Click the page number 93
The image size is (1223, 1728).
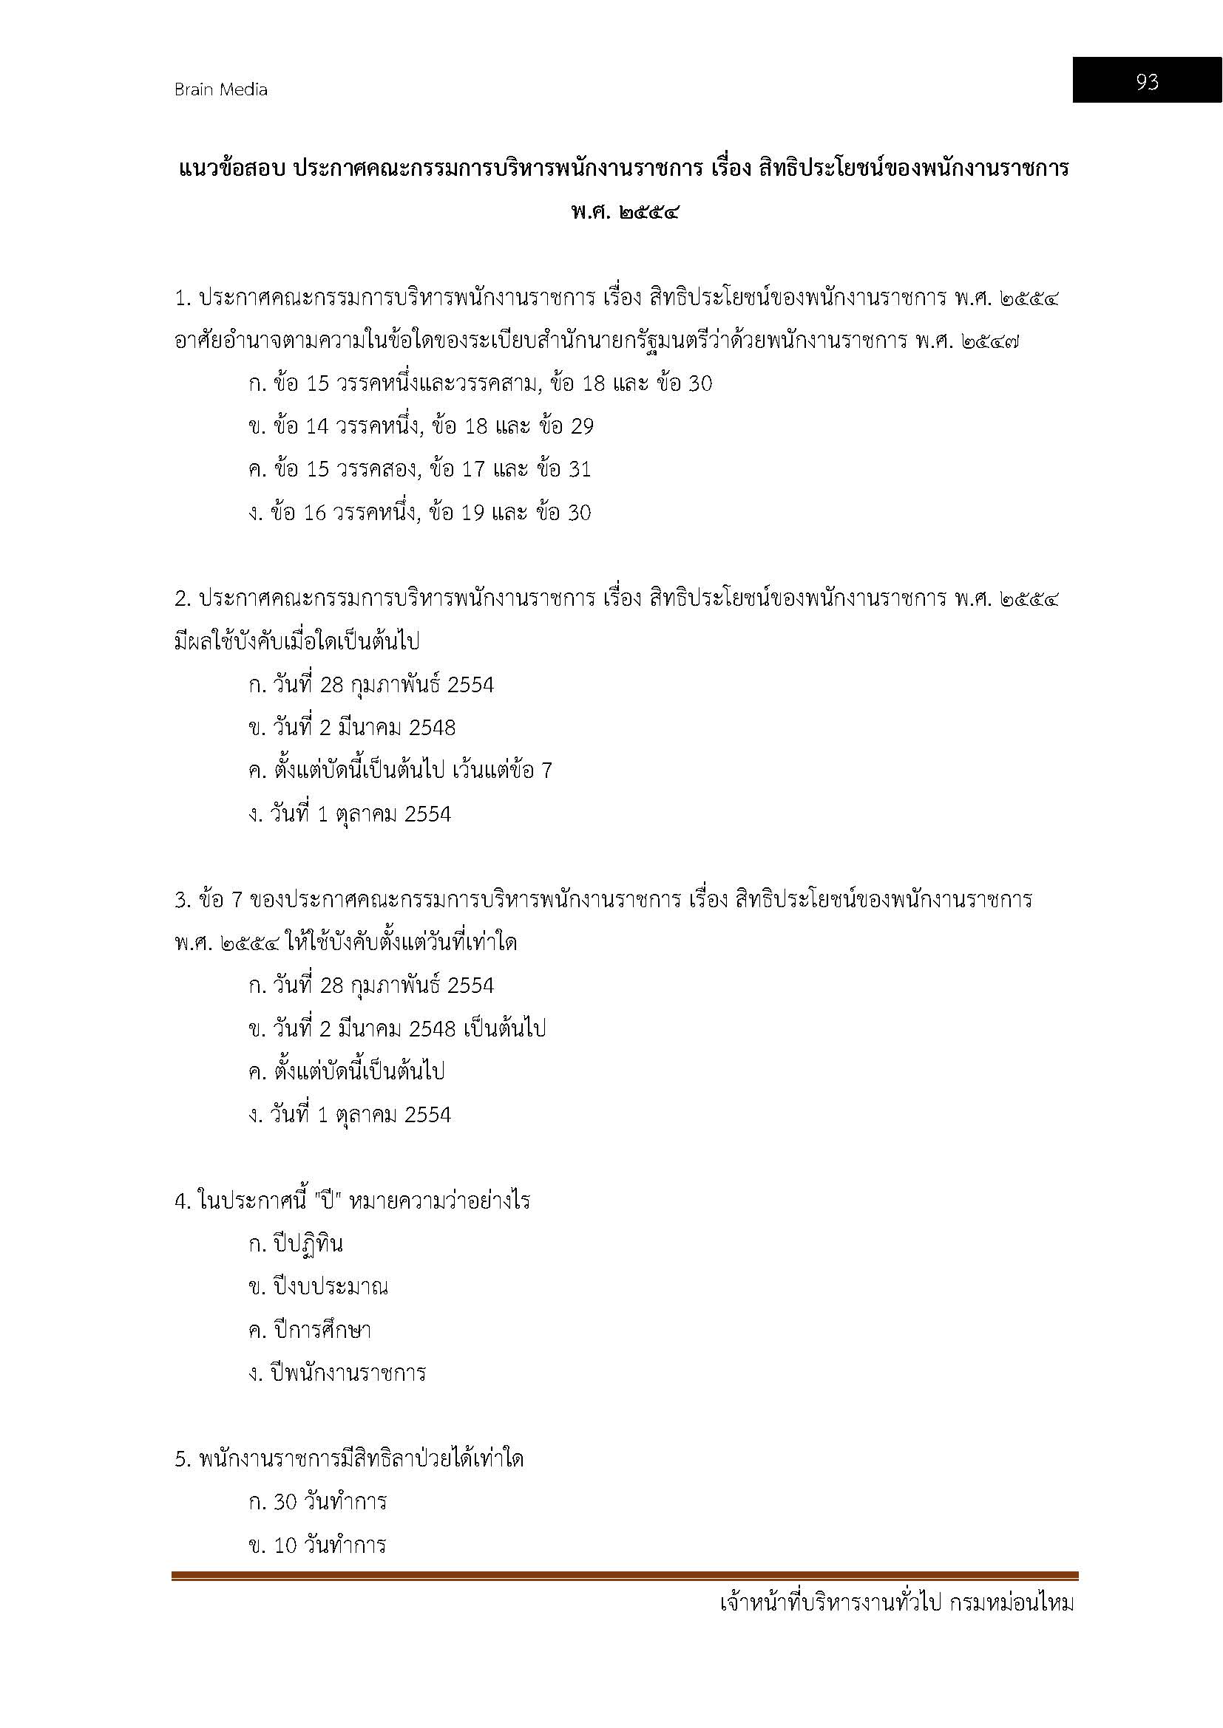click(1146, 81)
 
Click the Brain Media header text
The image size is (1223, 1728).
click(220, 89)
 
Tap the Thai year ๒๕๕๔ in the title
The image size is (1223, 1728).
click(651, 213)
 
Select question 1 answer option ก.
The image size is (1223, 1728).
click(480, 384)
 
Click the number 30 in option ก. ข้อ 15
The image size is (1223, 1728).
click(699, 384)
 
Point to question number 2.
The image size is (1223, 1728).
click(182, 599)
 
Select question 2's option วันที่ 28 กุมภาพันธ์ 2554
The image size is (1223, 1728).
click(370, 685)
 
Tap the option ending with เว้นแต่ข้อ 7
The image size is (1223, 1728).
click(400, 771)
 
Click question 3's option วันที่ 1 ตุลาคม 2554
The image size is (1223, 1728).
click(350, 1115)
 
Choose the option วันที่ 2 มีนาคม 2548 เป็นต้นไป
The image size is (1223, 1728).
click(397, 1028)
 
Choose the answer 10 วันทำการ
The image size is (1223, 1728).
click(317, 1546)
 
